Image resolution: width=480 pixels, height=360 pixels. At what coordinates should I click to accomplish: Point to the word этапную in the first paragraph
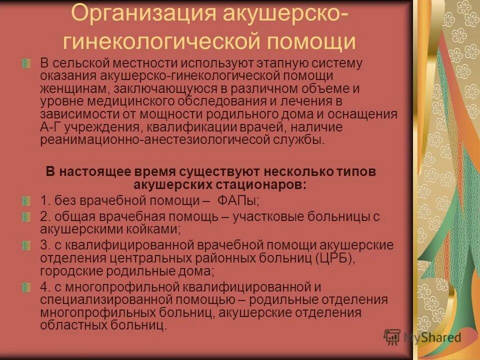[262, 64]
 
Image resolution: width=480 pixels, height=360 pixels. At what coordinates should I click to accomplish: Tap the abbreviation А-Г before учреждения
[50, 127]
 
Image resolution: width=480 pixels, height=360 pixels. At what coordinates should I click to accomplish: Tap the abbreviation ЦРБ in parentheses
[334, 258]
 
